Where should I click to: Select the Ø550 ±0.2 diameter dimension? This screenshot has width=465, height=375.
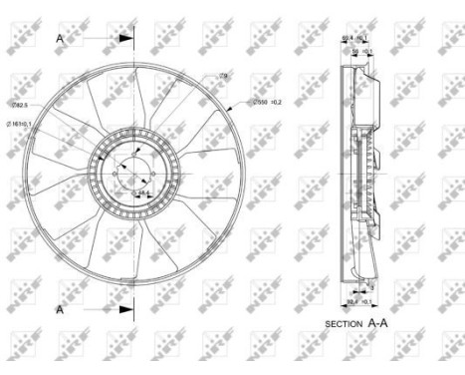268,101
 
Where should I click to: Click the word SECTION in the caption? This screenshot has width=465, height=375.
348,324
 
